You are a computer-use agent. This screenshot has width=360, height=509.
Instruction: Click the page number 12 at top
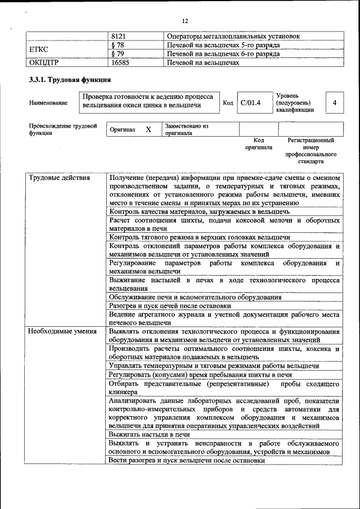[x=184, y=21]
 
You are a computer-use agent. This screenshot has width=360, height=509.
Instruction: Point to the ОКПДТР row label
[x=44, y=63]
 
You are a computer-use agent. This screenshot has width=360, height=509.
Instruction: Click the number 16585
[x=120, y=63]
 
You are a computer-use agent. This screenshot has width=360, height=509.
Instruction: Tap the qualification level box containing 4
[x=335, y=103]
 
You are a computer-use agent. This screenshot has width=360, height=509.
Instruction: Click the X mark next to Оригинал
[x=148, y=130]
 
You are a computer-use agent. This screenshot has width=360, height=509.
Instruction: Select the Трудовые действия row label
[x=59, y=178]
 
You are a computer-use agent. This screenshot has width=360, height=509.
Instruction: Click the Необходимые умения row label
[x=62, y=332]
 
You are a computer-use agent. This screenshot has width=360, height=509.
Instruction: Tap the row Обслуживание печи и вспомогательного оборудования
[x=196, y=297]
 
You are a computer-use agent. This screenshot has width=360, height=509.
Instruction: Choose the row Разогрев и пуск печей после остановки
[x=178, y=306]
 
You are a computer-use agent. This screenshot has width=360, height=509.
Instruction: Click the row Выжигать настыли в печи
[x=150, y=434]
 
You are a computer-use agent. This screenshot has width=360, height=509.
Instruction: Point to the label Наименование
[x=48, y=103]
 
